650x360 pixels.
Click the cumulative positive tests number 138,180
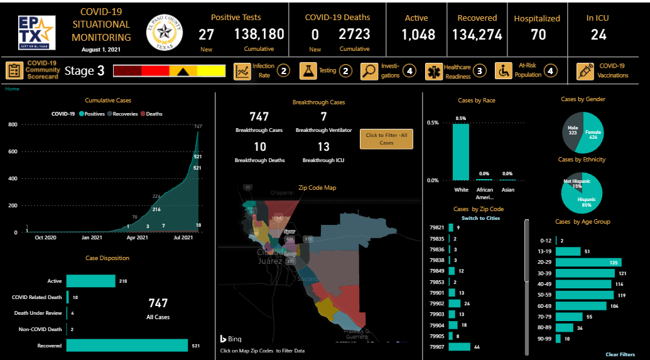pyautogui.click(x=259, y=34)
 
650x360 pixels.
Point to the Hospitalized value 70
pyautogui.click(x=538, y=34)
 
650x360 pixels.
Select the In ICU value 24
pyautogui.click(x=599, y=34)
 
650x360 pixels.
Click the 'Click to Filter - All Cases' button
pyautogui.click(x=386, y=139)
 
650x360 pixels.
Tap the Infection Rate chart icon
pyautogui.click(x=242, y=71)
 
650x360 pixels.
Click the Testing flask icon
pyautogui.click(x=308, y=71)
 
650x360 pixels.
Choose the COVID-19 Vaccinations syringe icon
pyautogui.click(x=585, y=71)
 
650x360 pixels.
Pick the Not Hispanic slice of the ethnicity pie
pyautogui.click(x=573, y=184)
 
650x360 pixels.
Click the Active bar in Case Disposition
pyautogui.click(x=90, y=281)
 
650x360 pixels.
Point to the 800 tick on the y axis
pyautogui.click(x=13, y=124)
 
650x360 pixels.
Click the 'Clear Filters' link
pyautogui.click(x=620, y=354)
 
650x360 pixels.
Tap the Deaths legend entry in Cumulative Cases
pyautogui.click(x=151, y=114)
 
